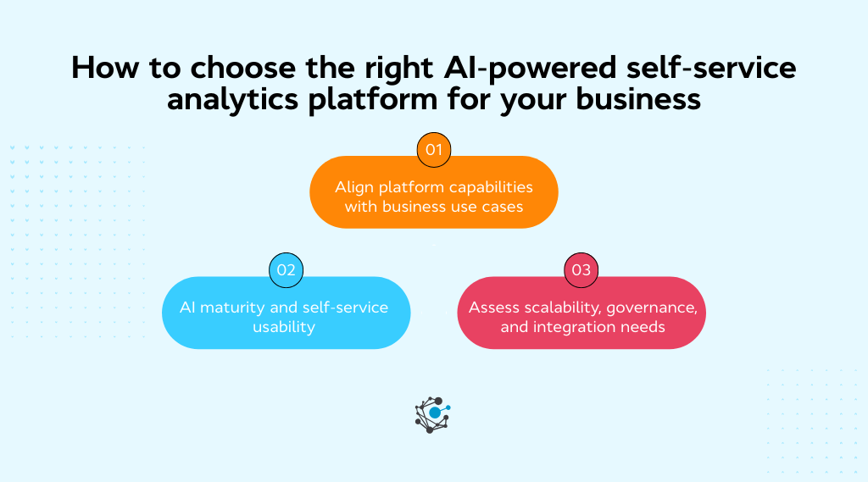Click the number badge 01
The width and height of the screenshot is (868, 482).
(x=434, y=150)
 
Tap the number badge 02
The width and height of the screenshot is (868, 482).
(x=286, y=270)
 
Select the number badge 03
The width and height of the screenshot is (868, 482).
(x=581, y=270)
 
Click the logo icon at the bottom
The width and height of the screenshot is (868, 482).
(x=433, y=414)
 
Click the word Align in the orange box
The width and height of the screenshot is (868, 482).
(x=355, y=186)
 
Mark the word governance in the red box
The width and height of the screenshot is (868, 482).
(x=652, y=307)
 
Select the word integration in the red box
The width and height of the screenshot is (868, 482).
(x=576, y=326)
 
